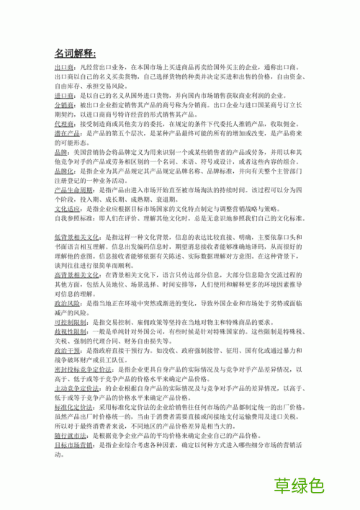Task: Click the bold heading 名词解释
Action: point(80,53)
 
